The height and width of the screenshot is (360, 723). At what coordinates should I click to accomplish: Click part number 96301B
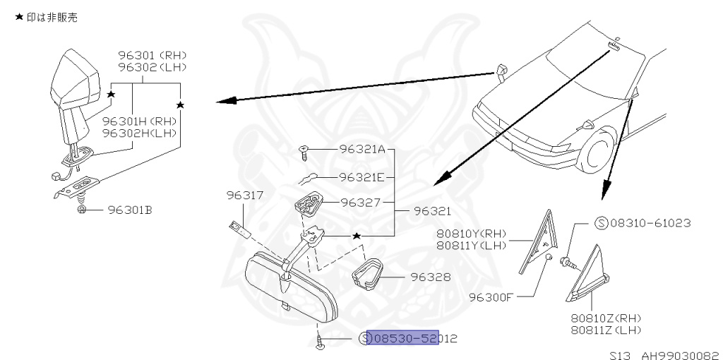click(130, 210)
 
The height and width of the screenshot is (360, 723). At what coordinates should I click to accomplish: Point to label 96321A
click(362, 149)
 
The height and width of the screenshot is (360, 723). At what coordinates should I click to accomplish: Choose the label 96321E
click(361, 177)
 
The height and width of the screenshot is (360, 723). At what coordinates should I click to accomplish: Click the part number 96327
click(361, 203)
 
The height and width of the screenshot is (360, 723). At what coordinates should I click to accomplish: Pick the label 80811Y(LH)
click(470, 245)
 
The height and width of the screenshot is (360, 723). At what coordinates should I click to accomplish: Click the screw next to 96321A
click(304, 149)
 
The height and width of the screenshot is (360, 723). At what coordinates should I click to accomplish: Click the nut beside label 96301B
click(82, 210)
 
